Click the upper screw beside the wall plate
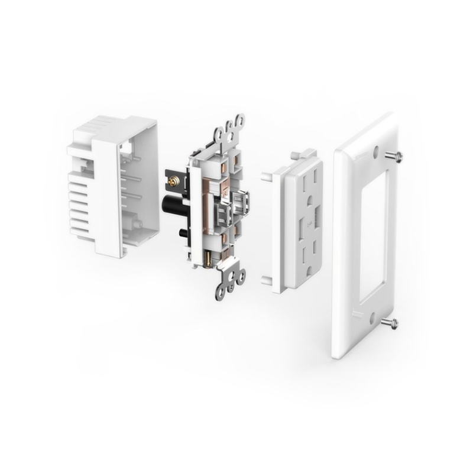click(x=394, y=156)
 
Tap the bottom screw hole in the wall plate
click(x=371, y=319)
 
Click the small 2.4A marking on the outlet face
click(x=308, y=221)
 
